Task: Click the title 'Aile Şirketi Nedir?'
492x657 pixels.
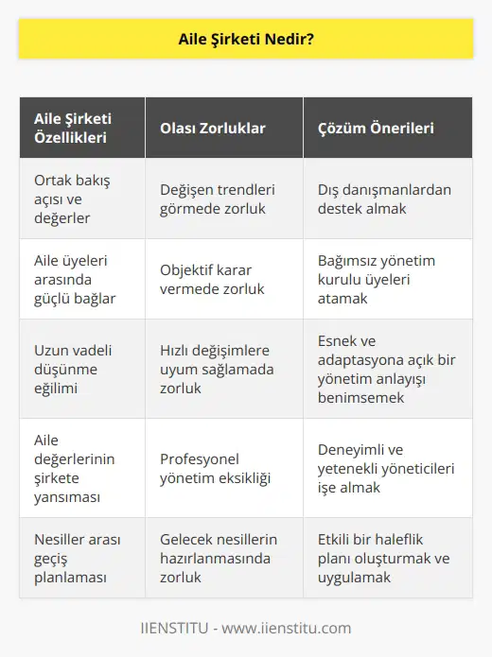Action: [x=245, y=42]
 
